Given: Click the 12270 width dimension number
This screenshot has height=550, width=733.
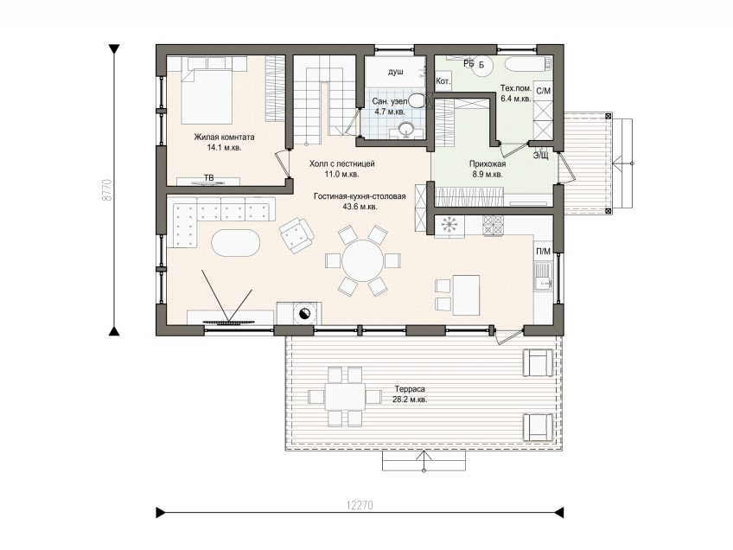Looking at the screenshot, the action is tap(360, 505).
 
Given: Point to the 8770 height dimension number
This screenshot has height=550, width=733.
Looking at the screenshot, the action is tap(107, 189).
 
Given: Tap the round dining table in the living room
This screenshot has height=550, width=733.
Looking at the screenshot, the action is tap(363, 260).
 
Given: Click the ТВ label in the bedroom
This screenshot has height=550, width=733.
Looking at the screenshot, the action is tap(208, 178).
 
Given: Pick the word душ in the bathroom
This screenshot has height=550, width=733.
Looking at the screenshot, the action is tap(396, 72).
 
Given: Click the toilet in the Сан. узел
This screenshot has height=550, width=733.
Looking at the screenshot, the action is tap(416, 100).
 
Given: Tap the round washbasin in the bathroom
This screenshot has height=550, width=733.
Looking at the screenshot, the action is tap(405, 129).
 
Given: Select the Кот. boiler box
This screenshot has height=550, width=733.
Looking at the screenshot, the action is tap(443, 81).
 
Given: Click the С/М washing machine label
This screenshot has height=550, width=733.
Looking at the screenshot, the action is tap(543, 91).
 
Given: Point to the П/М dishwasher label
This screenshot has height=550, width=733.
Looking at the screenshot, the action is tap(543, 251).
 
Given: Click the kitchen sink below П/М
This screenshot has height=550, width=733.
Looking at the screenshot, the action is tap(544, 276).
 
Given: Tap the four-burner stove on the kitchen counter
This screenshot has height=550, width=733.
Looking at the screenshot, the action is tap(493, 225).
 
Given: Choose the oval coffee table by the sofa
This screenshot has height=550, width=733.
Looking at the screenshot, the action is tap(235, 243).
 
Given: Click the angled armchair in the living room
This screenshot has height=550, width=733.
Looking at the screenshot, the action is tap(296, 235).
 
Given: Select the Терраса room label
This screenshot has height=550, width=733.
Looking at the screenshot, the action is tap(410, 389).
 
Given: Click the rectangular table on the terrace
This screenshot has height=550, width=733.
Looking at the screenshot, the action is tap(346, 397).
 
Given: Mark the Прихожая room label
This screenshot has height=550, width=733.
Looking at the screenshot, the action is tap(488, 164).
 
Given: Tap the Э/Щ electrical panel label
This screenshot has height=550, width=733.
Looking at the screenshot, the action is tap(540, 156).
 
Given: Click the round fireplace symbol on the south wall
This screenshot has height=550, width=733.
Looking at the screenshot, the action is tap(303, 313).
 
